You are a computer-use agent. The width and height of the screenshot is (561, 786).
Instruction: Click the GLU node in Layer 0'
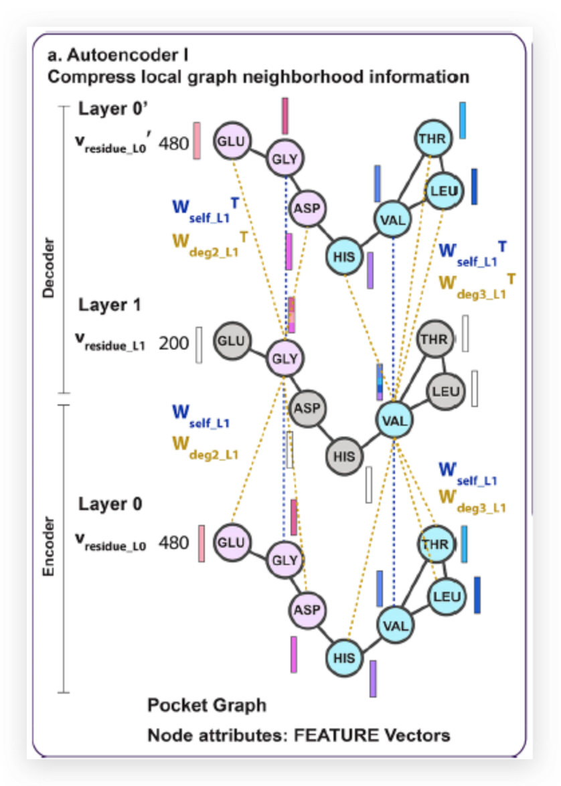(231, 141)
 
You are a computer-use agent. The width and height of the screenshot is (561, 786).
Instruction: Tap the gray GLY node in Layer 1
(284, 358)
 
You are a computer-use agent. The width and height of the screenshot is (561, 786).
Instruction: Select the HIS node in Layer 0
(344, 657)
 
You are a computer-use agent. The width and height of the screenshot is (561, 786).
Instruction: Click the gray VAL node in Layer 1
(394, 420)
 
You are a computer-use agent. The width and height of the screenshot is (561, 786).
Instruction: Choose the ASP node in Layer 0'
(307, 209)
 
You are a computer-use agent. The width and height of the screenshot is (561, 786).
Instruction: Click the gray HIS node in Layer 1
(344, 457)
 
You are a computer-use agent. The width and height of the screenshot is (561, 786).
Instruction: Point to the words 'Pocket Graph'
(206, 705)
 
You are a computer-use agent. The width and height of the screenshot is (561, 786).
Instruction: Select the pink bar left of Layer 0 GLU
(201, 544)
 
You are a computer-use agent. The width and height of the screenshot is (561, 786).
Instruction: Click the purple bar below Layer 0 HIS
(373, 678)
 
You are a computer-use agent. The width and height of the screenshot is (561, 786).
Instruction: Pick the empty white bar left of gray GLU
(199, 345)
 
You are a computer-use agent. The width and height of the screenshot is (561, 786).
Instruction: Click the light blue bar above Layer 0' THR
(463, 121)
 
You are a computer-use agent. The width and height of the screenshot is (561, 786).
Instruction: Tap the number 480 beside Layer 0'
(173, 144)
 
